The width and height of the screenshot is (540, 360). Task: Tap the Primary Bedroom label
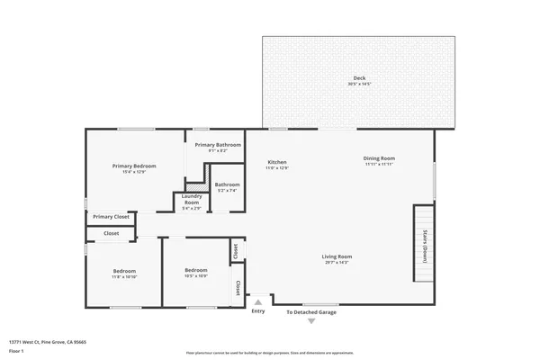pos(134,166)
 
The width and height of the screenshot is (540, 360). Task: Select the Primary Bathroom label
pos(218,145)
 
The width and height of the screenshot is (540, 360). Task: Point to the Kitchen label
pos(276,162)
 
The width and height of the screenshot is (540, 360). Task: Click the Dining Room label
pos(379,158)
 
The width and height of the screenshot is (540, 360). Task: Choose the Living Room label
pos(337,256)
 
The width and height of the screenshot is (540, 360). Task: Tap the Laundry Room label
pos(191,199)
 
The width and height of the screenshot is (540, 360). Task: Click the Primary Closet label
pos(111,217)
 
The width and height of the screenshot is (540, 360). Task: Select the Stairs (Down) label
pos(424,246)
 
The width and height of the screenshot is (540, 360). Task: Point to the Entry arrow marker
pos(258,302)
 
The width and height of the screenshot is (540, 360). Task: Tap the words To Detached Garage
pos(311,312)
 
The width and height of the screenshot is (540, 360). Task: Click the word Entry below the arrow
pos(258,311)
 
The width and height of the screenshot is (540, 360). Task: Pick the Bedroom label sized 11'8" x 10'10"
pos(124,271)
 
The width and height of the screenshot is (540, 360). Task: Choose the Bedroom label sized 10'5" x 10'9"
pos(196,271)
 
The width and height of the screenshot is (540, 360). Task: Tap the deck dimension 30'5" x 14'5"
pos(359,84)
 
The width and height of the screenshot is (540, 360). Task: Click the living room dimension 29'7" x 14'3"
pos(337,262)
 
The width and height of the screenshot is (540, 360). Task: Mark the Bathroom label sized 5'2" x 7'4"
pos(227,185)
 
